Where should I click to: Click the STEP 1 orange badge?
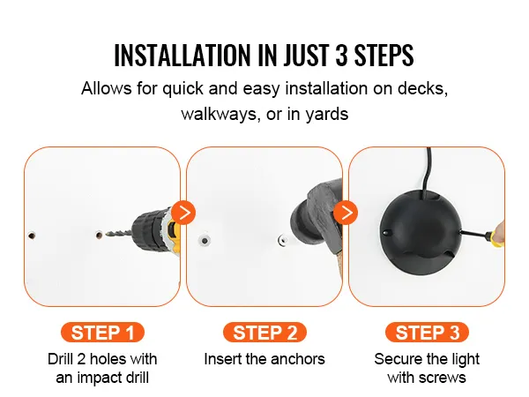tap(102, 333)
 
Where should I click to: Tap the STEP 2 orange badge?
tap(264, 333)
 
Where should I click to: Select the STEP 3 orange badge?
tap(427, 333)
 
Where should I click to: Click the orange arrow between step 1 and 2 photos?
tap(183, 213)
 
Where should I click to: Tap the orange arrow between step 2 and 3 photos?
tap(346, 213)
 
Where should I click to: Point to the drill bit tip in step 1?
tap(107, 234)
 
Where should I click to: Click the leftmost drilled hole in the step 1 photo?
tap(32, 235)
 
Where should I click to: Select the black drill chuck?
tap(145, 230)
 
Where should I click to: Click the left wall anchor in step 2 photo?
tap(205, 241)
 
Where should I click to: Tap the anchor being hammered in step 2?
tap(283, 241)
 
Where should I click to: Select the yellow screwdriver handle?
tap(495, 237)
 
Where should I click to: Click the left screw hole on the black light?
tap(387, 233)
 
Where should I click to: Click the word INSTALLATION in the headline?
tap(183, 55)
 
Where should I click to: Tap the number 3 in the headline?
tap(341, 55)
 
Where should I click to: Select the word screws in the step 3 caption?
tap(442, 378)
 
